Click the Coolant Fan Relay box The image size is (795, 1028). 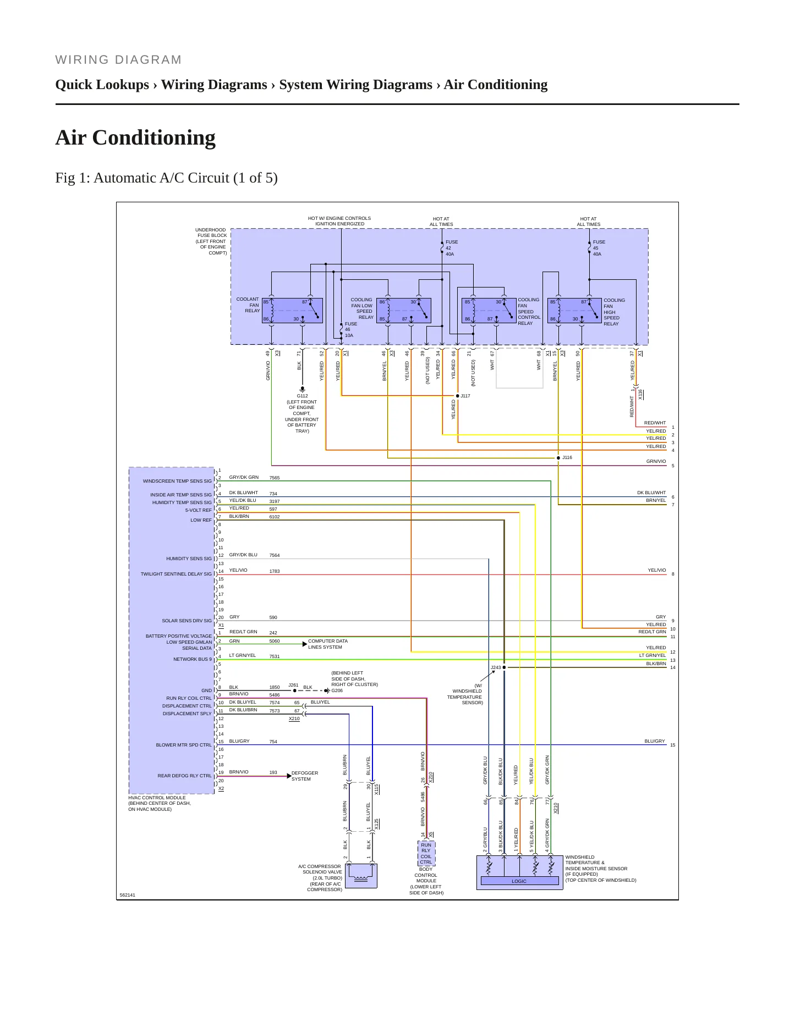pos(292,311)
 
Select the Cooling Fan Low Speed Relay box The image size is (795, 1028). pos(404,311)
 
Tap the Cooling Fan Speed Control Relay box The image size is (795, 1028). pos(489,311)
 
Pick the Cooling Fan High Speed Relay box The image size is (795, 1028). pos(574,311)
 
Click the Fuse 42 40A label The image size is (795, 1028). pos(452,248)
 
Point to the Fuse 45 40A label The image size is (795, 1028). pos(599,248)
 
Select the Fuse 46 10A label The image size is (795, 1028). pos(351,330)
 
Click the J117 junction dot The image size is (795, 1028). pos(457,396)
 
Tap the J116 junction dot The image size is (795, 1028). pos(558,458)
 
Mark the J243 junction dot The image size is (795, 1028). pos(504,667)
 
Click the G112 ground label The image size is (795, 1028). pos(303,396)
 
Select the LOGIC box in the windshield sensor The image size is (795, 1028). pos(519,881)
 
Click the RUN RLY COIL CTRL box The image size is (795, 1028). pos(426,854)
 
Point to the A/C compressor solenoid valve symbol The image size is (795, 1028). pos(361,876)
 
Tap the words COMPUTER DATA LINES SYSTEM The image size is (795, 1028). pos(328,644)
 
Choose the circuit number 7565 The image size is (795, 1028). pos(275,478)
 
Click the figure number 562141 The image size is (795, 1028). pos(128,895)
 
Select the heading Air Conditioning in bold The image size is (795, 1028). pos(135,137)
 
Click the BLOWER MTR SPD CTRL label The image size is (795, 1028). pos(184,745)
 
